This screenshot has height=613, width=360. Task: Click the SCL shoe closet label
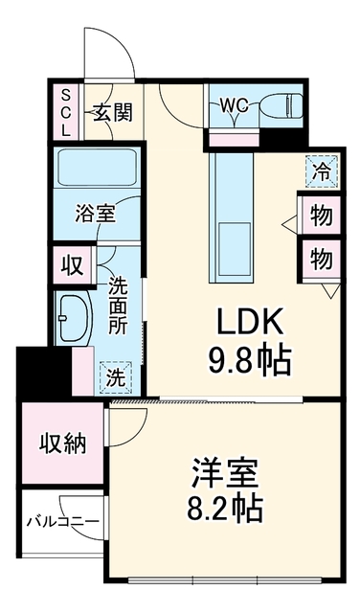66,112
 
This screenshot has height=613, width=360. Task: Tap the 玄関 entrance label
113,113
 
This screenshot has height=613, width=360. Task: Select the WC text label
234,105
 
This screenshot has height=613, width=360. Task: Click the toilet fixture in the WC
281,104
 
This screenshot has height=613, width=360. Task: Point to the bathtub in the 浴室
97,169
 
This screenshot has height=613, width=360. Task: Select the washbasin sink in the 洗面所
74,317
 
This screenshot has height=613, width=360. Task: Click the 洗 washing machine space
116,378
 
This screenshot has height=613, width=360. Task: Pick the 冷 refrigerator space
322,171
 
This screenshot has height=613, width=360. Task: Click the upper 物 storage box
322,215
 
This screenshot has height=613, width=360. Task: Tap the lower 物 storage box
322,259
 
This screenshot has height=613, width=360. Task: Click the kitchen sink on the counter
235,249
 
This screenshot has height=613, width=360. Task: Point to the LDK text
250,322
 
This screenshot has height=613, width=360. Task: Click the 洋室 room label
225,473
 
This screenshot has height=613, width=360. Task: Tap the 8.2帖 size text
225,510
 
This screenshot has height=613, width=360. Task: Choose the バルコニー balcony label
62,521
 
